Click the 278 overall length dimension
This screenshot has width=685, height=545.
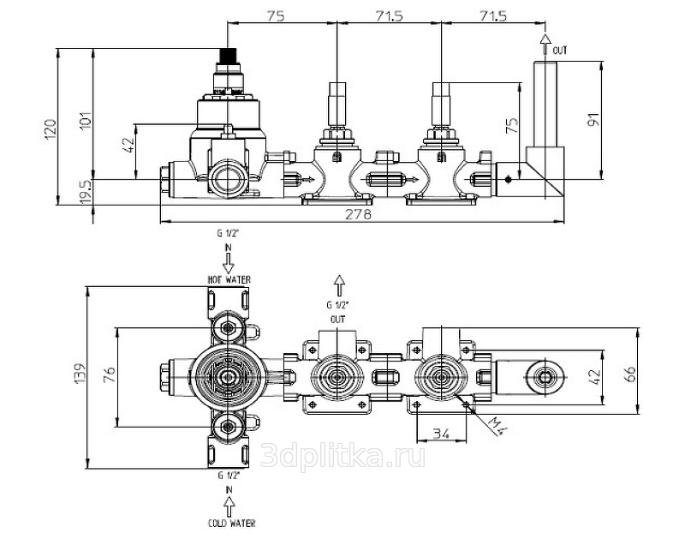click(x=358, y=214)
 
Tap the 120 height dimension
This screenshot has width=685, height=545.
click(x=51, y=129)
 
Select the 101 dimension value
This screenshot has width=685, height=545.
click(x=86, y=120)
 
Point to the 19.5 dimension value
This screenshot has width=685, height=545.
click(x=87, y=191)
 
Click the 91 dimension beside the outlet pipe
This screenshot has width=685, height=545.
click(x=593, y=120)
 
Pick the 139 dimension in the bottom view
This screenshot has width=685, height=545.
click(x=81, y=374)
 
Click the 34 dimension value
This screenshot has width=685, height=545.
click(x=441, y=434)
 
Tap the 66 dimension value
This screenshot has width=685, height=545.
click(x=631, y=374)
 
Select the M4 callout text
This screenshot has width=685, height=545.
click(x=497, y=426)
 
